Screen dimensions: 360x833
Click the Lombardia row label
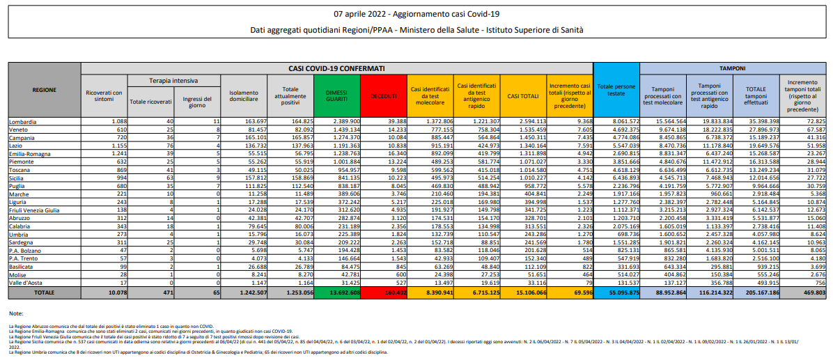click(x=22, y=122)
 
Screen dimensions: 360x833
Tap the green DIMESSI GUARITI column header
click(x=336, y=95)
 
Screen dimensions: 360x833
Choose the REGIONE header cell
click(x=45, y=91)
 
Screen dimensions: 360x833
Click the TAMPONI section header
click(x=732, y=69)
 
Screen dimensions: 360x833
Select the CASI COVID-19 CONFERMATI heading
click(x=336, y=69)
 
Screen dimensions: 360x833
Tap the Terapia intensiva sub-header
click(x=174, y=81)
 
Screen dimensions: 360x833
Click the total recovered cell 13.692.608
click(x=336, y=294)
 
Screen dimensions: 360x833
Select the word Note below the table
click(x=16, y=314)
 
